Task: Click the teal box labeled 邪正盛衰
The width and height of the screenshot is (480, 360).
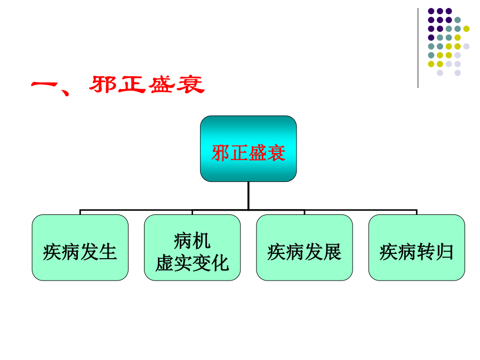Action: pyautogui.click(x=248, y=148)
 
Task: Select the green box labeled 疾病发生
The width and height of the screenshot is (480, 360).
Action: pyautogui.click(x=80, y=247)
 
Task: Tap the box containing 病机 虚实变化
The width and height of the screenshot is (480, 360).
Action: pyautogui.click(x=192, y=247)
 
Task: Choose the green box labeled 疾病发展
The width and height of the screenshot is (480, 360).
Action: pyautogui.click(x=305, y=247)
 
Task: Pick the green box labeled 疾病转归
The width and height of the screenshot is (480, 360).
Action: pyautogui.click(x=417, y=247)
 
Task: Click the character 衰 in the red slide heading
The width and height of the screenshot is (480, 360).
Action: pyautogui.click(x=190, y=84)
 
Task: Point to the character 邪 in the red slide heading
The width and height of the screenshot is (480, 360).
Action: pyautogui.click(x=102, y=84)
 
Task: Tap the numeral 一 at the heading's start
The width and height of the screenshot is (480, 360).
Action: pyautogui.click(x=44, y=85)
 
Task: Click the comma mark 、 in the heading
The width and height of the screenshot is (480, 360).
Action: pyautogui.click(x=65, y=92)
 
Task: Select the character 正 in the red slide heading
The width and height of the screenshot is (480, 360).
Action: pyautogui.click(x=132, y=84)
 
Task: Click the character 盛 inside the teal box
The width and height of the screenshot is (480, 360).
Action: pyautogui.click(x=258, y=153)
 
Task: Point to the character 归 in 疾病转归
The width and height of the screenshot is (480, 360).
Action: pyautogui.click(x=444, y=252)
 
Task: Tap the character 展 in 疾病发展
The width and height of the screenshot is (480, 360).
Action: pyautogui.click(x=332, y=252)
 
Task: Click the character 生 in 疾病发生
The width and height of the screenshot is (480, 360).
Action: pyautogui.click(x=108, y=252)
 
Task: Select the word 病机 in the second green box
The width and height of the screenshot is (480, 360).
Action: pyautogui.click(x=192, y=241)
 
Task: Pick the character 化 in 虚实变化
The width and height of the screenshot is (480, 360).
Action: pyautogui.click(x=220, y=263)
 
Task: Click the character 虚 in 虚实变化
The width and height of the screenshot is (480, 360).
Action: pyautogui.click(x=165, y=263)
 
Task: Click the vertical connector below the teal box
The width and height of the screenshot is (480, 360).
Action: pyautogui.click(x=248, y=196)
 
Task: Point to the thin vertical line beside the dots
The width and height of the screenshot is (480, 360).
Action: pyautogui.click(x=418, y=48)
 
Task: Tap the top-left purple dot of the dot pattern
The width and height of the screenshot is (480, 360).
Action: pyautogui.click(x=431, y=11)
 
